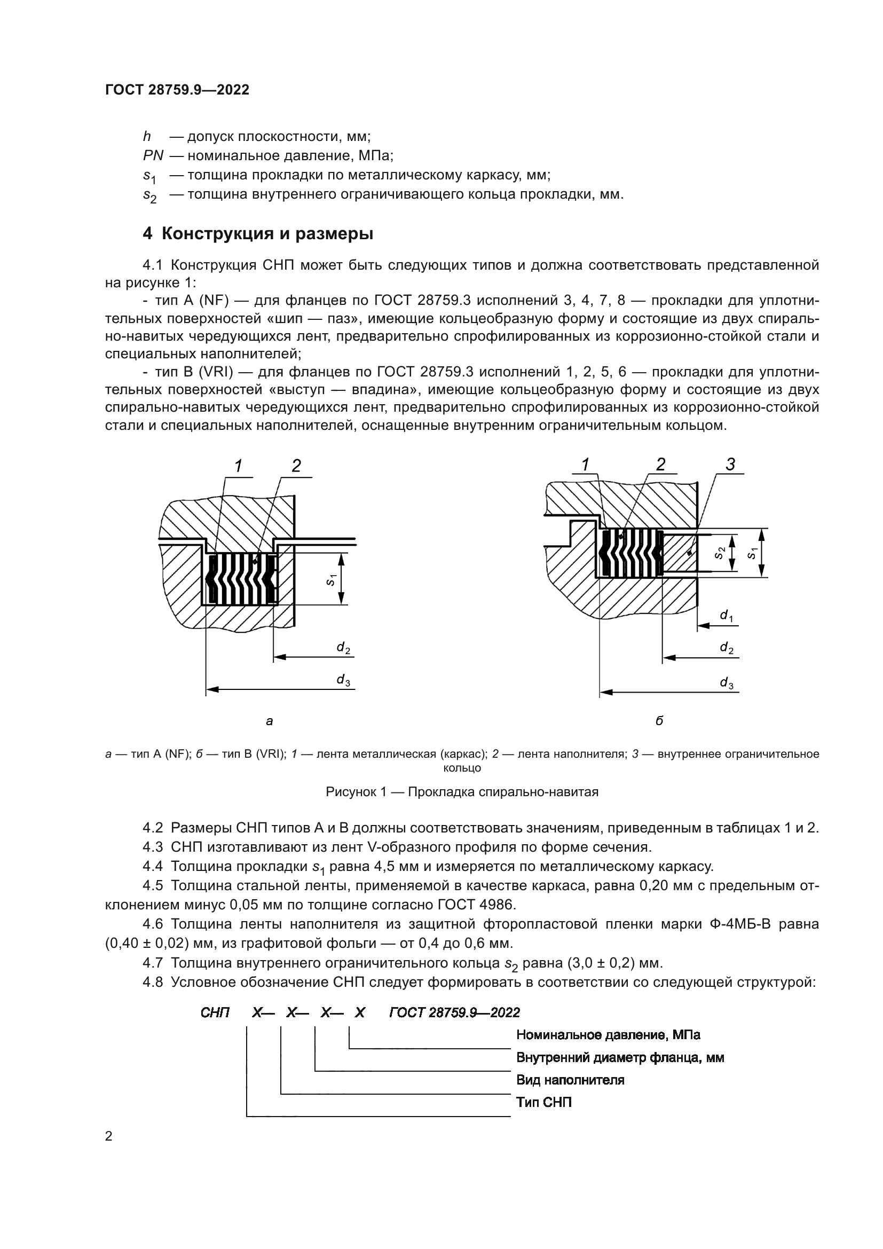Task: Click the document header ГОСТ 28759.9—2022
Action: (x=177, y=90)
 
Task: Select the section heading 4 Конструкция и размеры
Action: (x=258, y=234)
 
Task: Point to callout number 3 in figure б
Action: (x=730, y=464)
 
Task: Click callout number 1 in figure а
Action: (x=238, y=466)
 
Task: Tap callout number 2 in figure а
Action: (x=296, y=466)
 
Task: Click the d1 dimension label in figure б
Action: (x=727, y=615)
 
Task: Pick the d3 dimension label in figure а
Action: (x=343, y=679)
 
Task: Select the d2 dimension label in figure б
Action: (x=727, y=647)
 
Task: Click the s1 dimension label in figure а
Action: (x=330, y=580)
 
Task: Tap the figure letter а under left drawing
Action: (x=269, y=721)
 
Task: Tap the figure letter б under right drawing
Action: (x=659, y=721)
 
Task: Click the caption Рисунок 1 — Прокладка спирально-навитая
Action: (x=462, y=791)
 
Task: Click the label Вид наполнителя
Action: (x=570, y=1080)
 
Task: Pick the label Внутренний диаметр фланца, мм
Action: (x=620, y=1057)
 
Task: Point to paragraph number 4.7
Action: (x=153, y=963)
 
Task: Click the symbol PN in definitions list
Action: (x=153, y=155)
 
